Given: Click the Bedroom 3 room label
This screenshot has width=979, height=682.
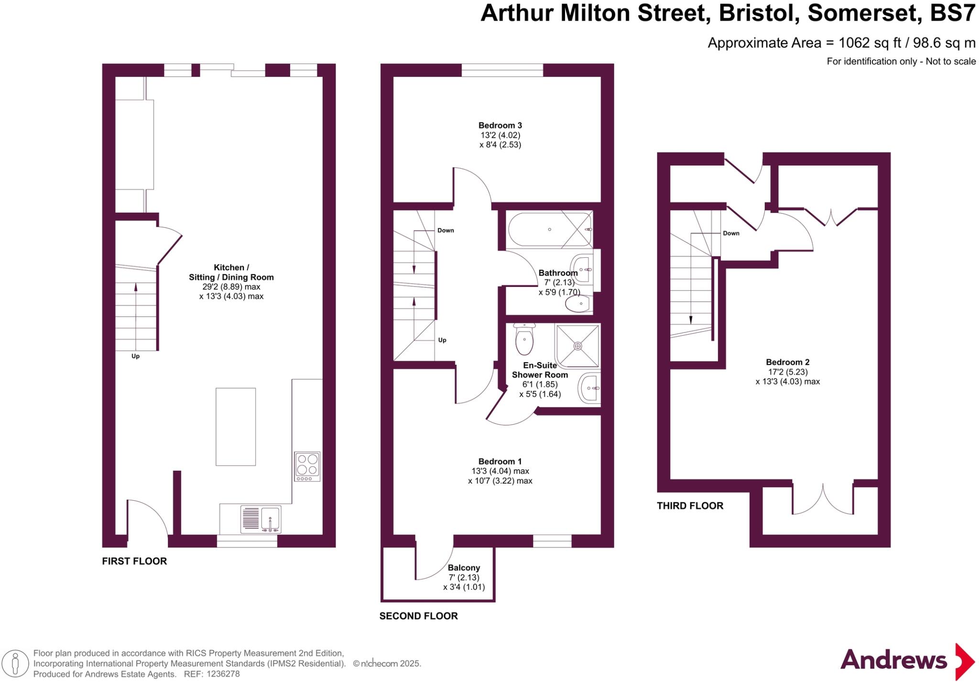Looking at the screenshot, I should (500, 126).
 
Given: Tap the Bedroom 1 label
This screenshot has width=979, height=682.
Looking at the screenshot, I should (500, 462).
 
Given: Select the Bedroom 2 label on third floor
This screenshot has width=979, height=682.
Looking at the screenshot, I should (787, 363).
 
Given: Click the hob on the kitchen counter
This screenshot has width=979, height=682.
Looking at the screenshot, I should (307, 466).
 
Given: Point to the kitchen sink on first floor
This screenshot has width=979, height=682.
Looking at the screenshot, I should (271, 519).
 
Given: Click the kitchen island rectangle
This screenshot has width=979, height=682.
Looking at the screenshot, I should (235, 427).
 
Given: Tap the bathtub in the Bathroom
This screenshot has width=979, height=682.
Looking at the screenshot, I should (550, 230).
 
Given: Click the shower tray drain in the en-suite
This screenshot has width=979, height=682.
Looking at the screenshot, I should (578, 346).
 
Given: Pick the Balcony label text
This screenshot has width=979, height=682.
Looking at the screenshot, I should (464, 568).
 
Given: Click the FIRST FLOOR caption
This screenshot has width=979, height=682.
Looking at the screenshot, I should (134, 561).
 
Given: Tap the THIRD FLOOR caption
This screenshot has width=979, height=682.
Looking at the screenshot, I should (690, 506).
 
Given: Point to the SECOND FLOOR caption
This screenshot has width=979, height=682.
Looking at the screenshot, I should (418, 616).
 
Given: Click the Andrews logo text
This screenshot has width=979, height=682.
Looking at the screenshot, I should (893, 660).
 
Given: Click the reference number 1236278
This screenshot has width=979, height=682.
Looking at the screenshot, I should (223, 674).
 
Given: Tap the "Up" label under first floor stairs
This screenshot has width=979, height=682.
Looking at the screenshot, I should (135, 356).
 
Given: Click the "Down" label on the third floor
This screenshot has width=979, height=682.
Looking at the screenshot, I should (731, 233).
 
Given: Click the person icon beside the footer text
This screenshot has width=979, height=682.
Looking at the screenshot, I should (15, 664).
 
